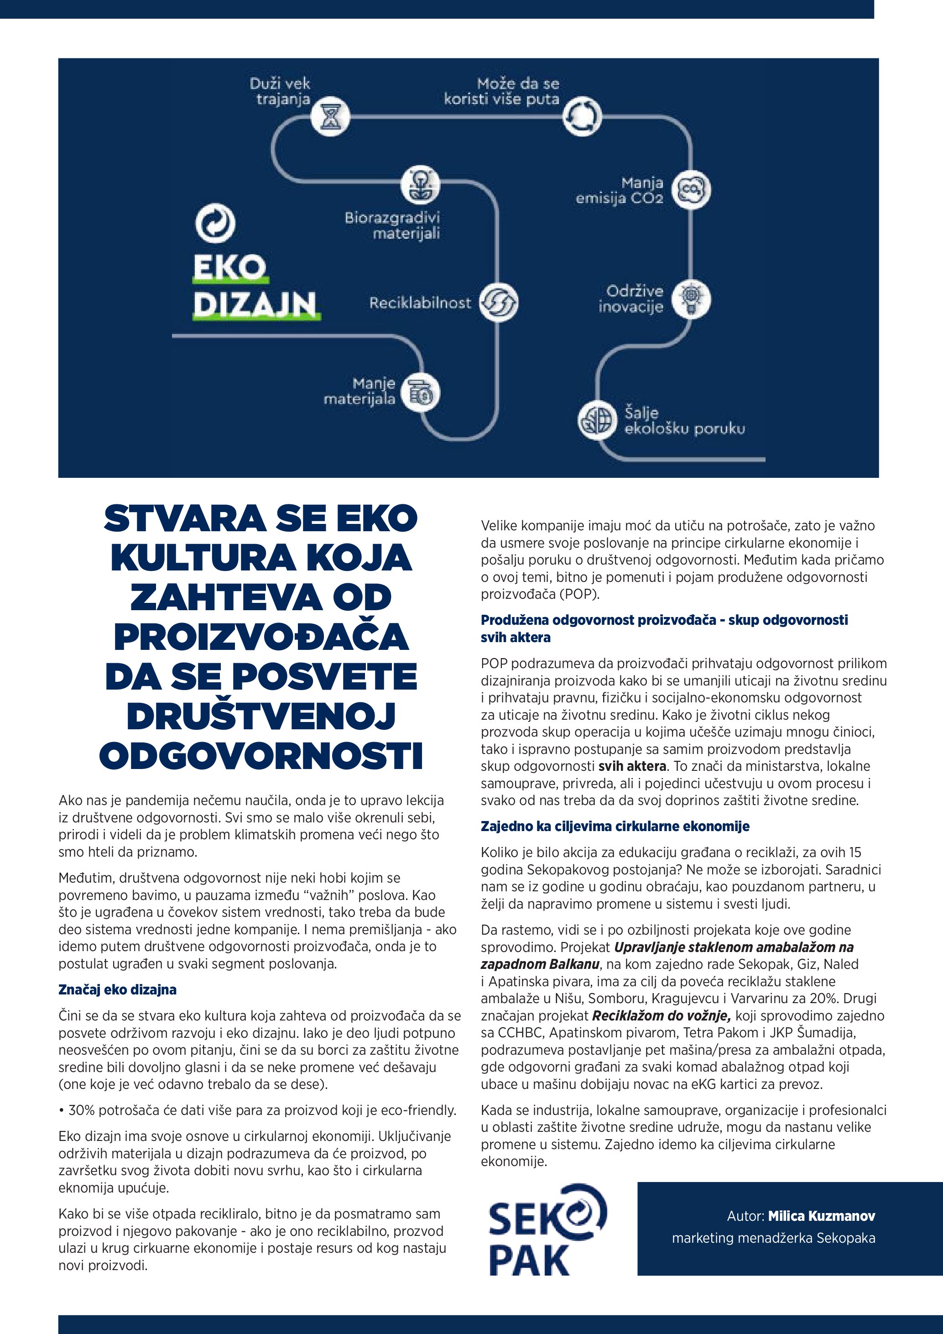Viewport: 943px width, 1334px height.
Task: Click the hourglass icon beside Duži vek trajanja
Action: coord(330,115)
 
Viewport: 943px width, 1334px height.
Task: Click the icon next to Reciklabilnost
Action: coord(499,302)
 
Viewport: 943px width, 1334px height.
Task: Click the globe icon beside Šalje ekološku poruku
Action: coord(596,419)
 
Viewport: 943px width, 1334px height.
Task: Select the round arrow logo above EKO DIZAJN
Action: coord(215,224)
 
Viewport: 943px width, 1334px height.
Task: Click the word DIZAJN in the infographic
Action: coord(255,304)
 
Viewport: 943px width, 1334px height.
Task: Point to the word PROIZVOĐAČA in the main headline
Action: coord(261,637)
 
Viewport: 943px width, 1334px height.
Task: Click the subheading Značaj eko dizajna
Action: coord(117,989)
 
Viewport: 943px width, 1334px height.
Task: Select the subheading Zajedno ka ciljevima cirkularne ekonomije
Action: coord(615,826)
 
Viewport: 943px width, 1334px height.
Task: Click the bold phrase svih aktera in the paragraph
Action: coord(632,766)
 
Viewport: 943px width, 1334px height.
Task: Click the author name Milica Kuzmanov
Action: coord(821,1216)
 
